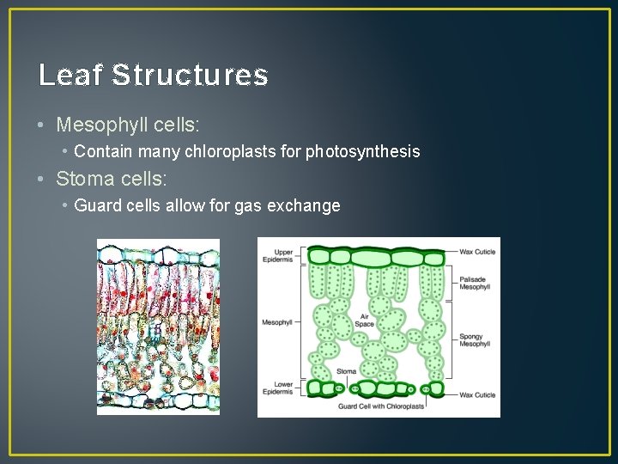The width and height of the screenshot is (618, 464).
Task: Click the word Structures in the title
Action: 190,76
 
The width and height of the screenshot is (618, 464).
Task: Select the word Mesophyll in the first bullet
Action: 99,125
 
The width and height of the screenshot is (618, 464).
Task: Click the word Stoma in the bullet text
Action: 82,179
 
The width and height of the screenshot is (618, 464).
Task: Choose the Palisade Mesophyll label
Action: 474,283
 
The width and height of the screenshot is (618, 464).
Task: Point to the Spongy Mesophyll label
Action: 474,339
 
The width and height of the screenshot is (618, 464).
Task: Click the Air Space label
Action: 365,320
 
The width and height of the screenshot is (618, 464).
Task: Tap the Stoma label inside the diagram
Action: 347,372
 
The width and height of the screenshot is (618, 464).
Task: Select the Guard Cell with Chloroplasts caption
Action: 381,406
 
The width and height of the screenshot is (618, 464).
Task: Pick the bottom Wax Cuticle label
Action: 477,394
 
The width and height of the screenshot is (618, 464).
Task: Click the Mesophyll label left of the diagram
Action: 276,322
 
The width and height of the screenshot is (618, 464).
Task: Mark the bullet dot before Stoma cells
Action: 42,180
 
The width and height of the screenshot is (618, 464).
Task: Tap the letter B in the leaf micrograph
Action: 156,329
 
